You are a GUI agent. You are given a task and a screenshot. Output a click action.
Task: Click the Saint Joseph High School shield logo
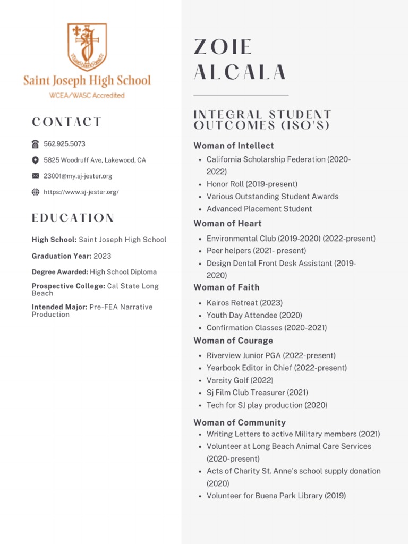point(87,47)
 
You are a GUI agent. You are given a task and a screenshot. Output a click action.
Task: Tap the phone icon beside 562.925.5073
point(36,144)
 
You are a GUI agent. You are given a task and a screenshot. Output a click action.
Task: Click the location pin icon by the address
point(36,160)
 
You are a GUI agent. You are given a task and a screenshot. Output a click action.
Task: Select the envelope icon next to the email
point(36,176)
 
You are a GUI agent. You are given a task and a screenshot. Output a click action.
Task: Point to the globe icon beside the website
point(36,192)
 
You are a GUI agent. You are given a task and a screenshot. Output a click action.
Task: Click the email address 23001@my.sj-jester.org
point(78,176)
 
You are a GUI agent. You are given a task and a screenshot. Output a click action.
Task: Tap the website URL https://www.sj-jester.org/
point(81,192)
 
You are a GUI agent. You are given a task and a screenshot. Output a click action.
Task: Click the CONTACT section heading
point(66,122)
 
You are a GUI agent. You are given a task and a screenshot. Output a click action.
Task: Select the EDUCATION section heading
point(73,218)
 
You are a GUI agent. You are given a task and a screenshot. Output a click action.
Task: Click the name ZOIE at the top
point(223,47)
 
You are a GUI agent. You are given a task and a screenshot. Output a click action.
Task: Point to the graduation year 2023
point(103,256)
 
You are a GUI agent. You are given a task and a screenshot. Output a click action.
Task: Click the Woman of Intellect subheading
point(234,146)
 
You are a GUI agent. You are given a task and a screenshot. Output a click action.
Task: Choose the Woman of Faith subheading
point(226,287)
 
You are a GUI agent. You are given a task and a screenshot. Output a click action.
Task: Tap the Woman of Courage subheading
point(233,341)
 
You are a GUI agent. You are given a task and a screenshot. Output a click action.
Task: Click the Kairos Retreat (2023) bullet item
point(244,303)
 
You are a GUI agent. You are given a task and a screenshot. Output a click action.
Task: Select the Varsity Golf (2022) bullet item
point(240,380)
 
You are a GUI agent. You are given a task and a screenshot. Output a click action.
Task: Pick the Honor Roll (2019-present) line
point(252,184)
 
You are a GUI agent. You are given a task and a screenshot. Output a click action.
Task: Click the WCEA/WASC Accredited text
point(87,96)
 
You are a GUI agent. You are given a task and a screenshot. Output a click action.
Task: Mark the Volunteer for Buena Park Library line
point(276,496)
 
